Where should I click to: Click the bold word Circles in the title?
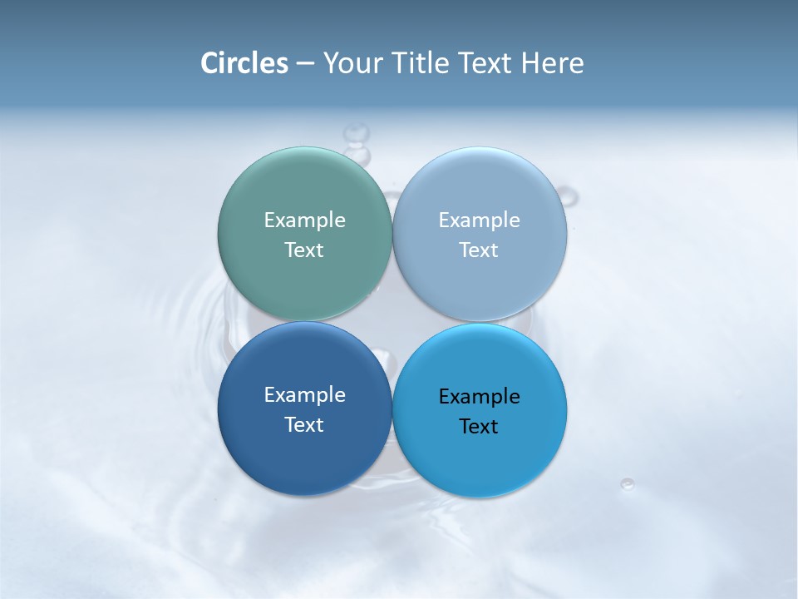click(x=244, y=63)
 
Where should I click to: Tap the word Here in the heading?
click(x=552, y=63)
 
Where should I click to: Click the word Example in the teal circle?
click(x=304, y=220)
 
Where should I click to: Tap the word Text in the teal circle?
click(x=304, y=250)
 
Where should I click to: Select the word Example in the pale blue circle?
click(x=480, y=220)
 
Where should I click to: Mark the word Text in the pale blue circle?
click(x=480, y=250)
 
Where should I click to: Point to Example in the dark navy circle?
click(x=304, y=395)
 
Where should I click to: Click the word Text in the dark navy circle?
click(x=304, y=425)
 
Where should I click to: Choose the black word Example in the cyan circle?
click(x=480, y=397)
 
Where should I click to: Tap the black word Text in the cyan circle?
click(x=480, y=427)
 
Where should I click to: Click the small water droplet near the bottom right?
click(x=627, y=483)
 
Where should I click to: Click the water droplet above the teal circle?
click(x=357, y=133)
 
